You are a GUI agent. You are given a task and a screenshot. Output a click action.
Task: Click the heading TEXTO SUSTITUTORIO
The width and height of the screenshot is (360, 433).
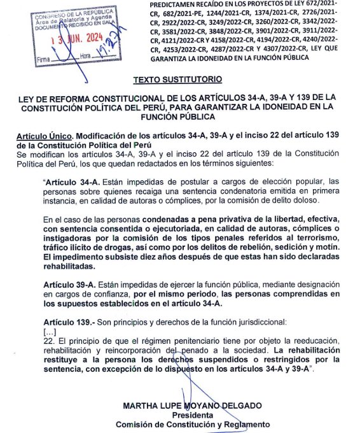point(178,81)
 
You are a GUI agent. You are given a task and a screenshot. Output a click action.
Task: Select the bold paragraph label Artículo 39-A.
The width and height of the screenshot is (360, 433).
point(69,284)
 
